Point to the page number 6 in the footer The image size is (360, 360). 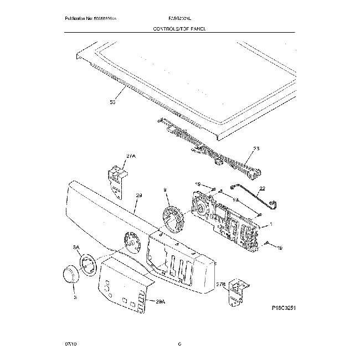click(x=179, y=344)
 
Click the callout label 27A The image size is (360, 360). click(x=131, y=157)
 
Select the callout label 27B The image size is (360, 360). click(x=220, y=285)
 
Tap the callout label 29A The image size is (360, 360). click(x=161, y=302)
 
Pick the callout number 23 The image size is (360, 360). click(x=255, y=148)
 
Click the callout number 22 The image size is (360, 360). click(x=262, y=188)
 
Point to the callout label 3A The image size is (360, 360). click(x=76, y=248)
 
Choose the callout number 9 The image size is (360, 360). click(x=164, y=189)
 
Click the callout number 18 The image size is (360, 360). click(x=234, y=199)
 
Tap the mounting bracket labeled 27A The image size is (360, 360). click(x=116, y=179)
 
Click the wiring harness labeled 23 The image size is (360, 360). click(x=210, y=147)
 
